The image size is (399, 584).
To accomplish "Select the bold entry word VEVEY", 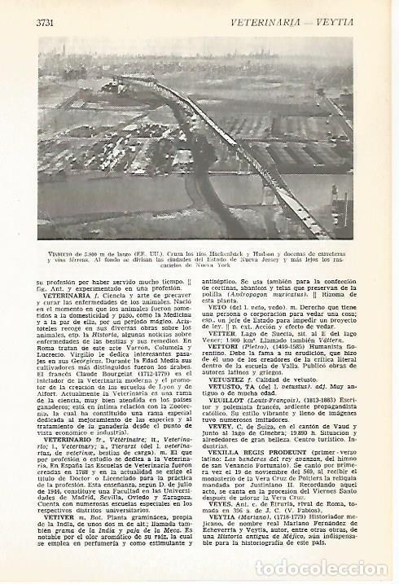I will tap(226, 447).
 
